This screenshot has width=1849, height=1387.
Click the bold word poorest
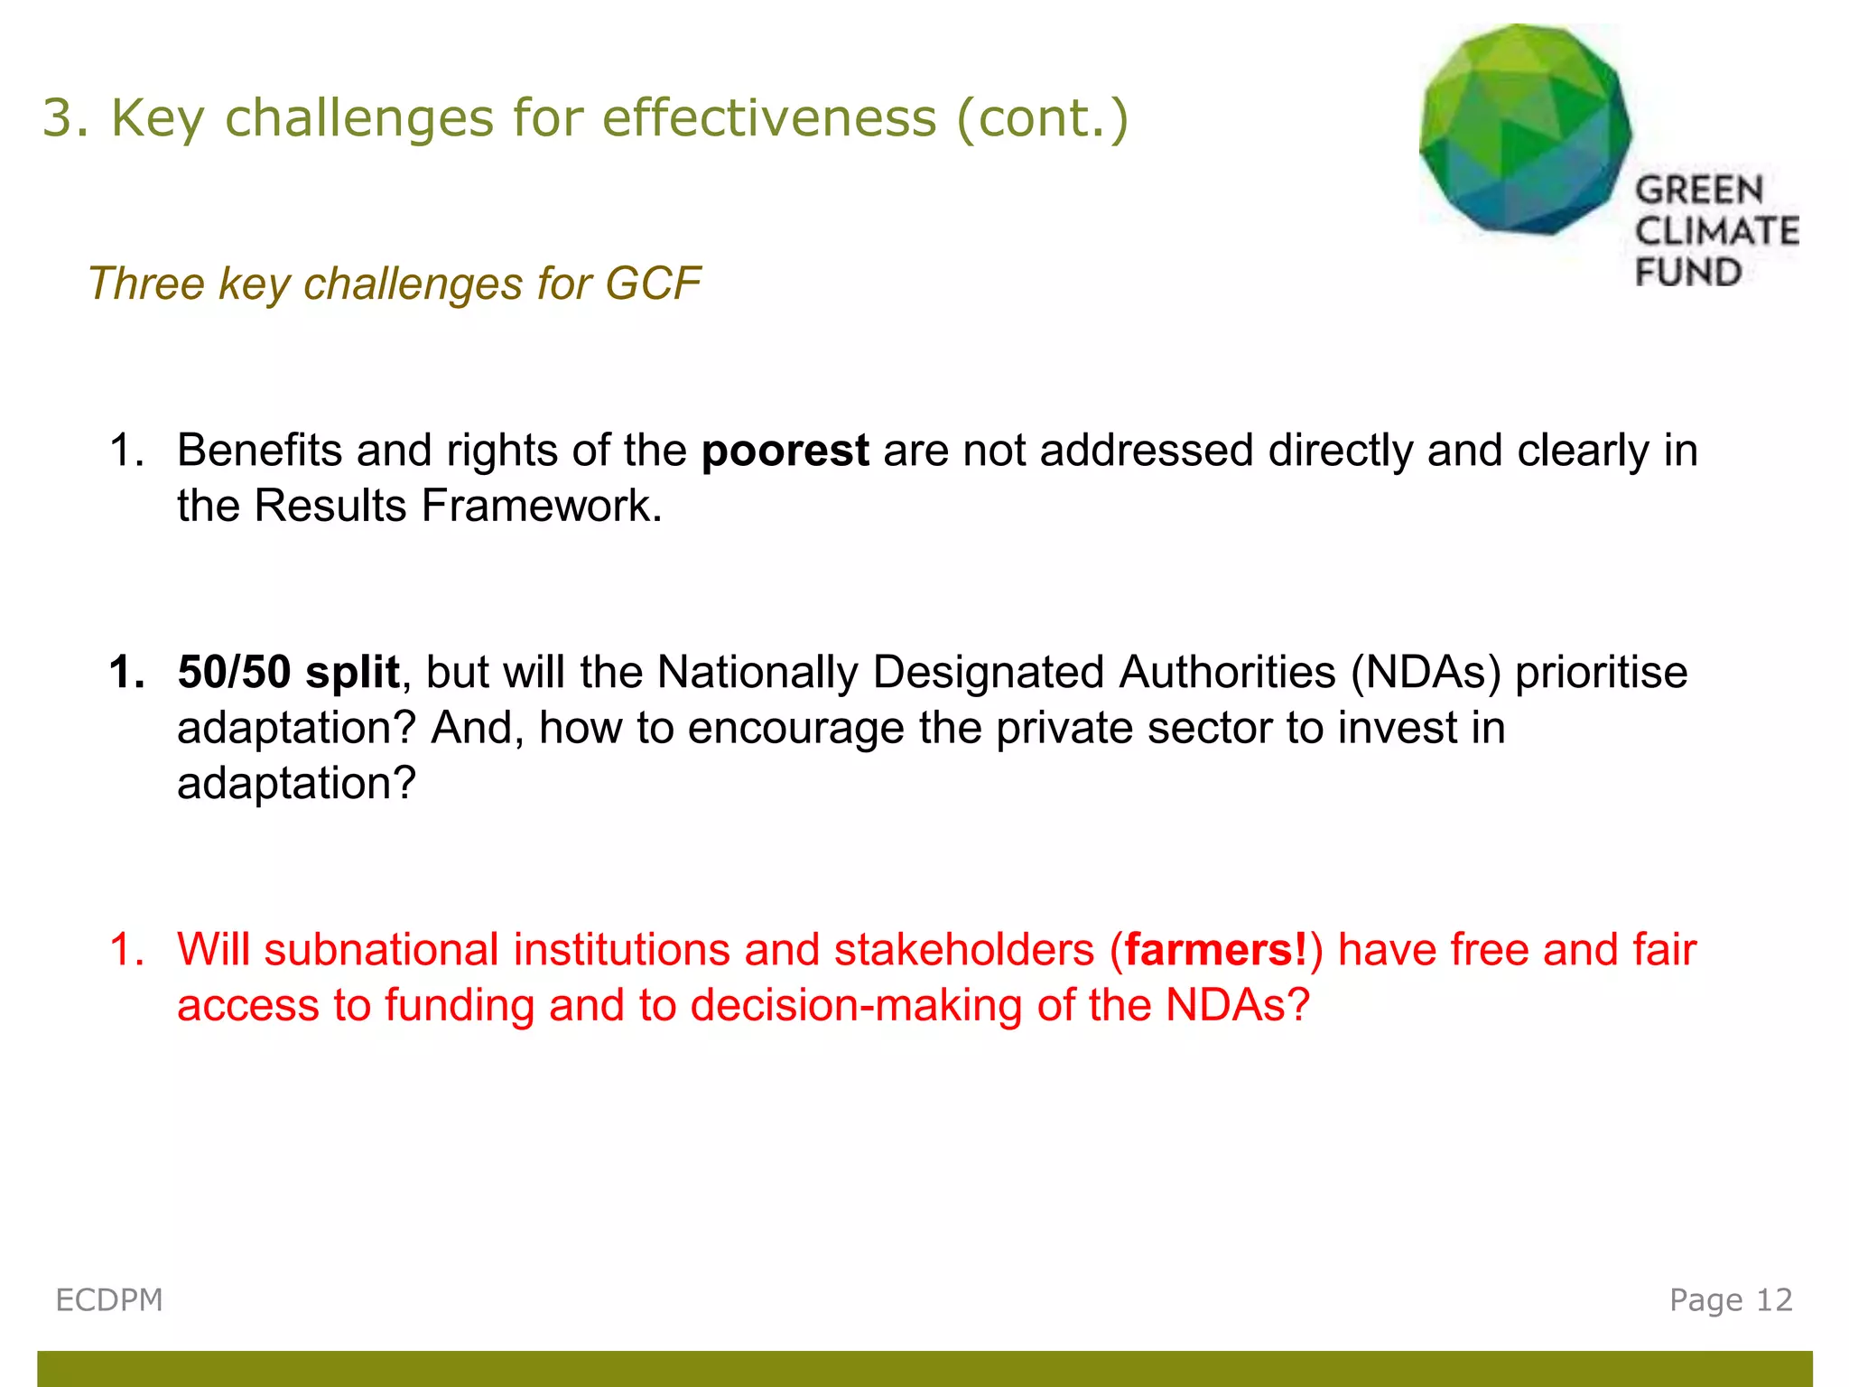pyautogui.click(x=785, y=451)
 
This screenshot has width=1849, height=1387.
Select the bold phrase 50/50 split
pyautogui.click(x=288, y=673)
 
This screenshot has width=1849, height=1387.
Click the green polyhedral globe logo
pyautogui.click(x=1526, y=129)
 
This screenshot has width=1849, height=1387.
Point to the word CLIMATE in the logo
pyautogui.click(x=1716, y=231)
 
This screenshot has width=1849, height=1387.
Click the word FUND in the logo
pyautogui.click(x=1687, y=273)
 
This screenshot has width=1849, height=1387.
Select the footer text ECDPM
pyautogui.click(x=109, y=1300)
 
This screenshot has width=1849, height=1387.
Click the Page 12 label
pyautogui.click(x=1730, y=1300)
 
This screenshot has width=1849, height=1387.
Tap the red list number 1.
pyautogui.click(x=126, y=950)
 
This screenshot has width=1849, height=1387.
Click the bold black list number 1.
pyautogui.click(x=126, y=673)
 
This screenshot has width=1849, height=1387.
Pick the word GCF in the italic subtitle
pyautogui.click(x=653, y=284)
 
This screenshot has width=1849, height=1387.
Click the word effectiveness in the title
pyautogui.click(x=769, y=118)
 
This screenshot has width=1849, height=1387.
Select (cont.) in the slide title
pyautogui.click(x=1042, y=118)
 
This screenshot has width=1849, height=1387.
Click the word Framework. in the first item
pyautogui.click(x=542, y=506)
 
